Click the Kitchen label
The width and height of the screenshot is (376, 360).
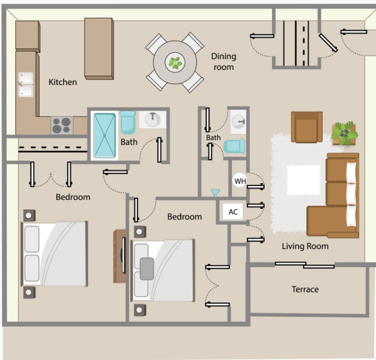tap(63, 82)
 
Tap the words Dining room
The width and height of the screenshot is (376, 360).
tap(224, 62)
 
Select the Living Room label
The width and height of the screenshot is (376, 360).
tap(305, 246)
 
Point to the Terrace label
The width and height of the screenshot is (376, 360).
tap(305, 290)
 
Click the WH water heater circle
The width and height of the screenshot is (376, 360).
tap(240, 181)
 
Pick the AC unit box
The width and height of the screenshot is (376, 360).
tap(233, 211)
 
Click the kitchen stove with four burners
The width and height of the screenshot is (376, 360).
tap(62, 125)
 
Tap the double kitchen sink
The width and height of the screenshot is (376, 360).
tap(26, 84)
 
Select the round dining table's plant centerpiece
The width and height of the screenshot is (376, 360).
tap(175, 62)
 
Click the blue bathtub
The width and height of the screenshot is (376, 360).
tap(105, 136)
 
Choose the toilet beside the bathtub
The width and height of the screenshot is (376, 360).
tap(128, 123)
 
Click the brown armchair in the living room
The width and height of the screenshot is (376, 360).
tap(307, 127)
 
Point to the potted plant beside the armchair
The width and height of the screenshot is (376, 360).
tap(345, 133)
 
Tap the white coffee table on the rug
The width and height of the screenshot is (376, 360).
tap(304, 180)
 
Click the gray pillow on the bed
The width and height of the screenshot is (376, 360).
tap(147, 269)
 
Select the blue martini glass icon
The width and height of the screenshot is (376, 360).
tap(215, 193)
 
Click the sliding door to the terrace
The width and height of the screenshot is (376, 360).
tap(304, 265)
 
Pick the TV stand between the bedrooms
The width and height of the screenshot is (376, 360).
tap(120, 256)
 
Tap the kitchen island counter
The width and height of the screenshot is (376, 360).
tap(99, 49)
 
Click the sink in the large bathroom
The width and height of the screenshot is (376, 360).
tap(153, 119)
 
